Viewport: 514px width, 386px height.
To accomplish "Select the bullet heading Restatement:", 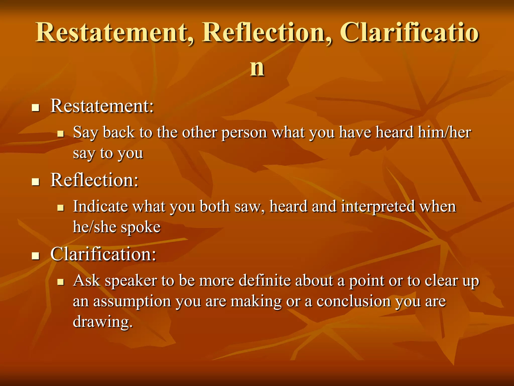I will [x=102, y=106].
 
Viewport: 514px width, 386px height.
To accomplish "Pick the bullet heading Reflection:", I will [x=94, y=180].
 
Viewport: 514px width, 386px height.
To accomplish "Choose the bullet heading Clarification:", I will [x=103, y=254].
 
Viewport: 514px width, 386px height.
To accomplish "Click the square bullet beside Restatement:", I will [x=36, y=108].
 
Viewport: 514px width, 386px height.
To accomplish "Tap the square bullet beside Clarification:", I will [x=36, y=256].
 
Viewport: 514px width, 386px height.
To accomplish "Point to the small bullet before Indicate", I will [x=60, y=208].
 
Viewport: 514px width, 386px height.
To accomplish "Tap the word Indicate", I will [x=100, y=207].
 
